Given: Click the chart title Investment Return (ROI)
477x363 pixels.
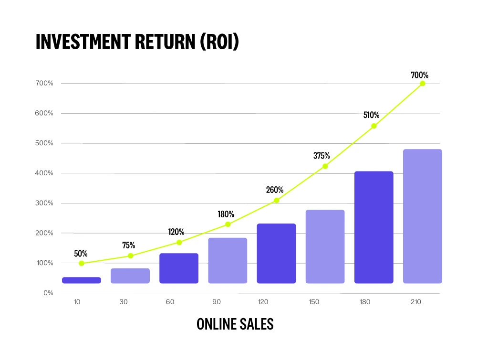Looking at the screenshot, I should point(137,42).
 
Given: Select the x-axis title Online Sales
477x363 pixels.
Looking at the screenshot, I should point(235,324).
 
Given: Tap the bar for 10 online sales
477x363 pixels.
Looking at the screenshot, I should point(82,280).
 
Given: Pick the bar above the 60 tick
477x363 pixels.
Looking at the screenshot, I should point(179,268).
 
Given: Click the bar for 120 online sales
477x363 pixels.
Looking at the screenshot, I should point(276,254).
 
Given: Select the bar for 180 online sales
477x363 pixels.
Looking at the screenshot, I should point(373,227).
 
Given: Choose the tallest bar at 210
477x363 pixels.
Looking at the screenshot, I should point(422,216).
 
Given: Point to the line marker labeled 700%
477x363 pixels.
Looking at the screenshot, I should point(422,84).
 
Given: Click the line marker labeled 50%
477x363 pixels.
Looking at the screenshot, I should point(82,263).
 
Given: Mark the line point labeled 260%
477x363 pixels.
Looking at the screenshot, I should point(276,201).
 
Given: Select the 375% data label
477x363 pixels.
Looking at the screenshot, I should point(322,156).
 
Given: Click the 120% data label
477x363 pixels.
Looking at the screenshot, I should point(176,232).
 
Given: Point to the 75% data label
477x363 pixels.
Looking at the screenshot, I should point(128,246).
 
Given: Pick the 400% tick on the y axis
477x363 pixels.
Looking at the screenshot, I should point(43,173).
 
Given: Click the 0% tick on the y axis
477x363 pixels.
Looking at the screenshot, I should point(48,293).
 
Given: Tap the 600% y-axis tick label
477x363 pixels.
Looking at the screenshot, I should point(43,114).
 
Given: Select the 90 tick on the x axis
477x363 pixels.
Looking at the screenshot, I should point(223,302).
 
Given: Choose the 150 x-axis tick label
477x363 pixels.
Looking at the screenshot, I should point(321,302).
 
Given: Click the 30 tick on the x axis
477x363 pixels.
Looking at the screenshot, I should point(126,302).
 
